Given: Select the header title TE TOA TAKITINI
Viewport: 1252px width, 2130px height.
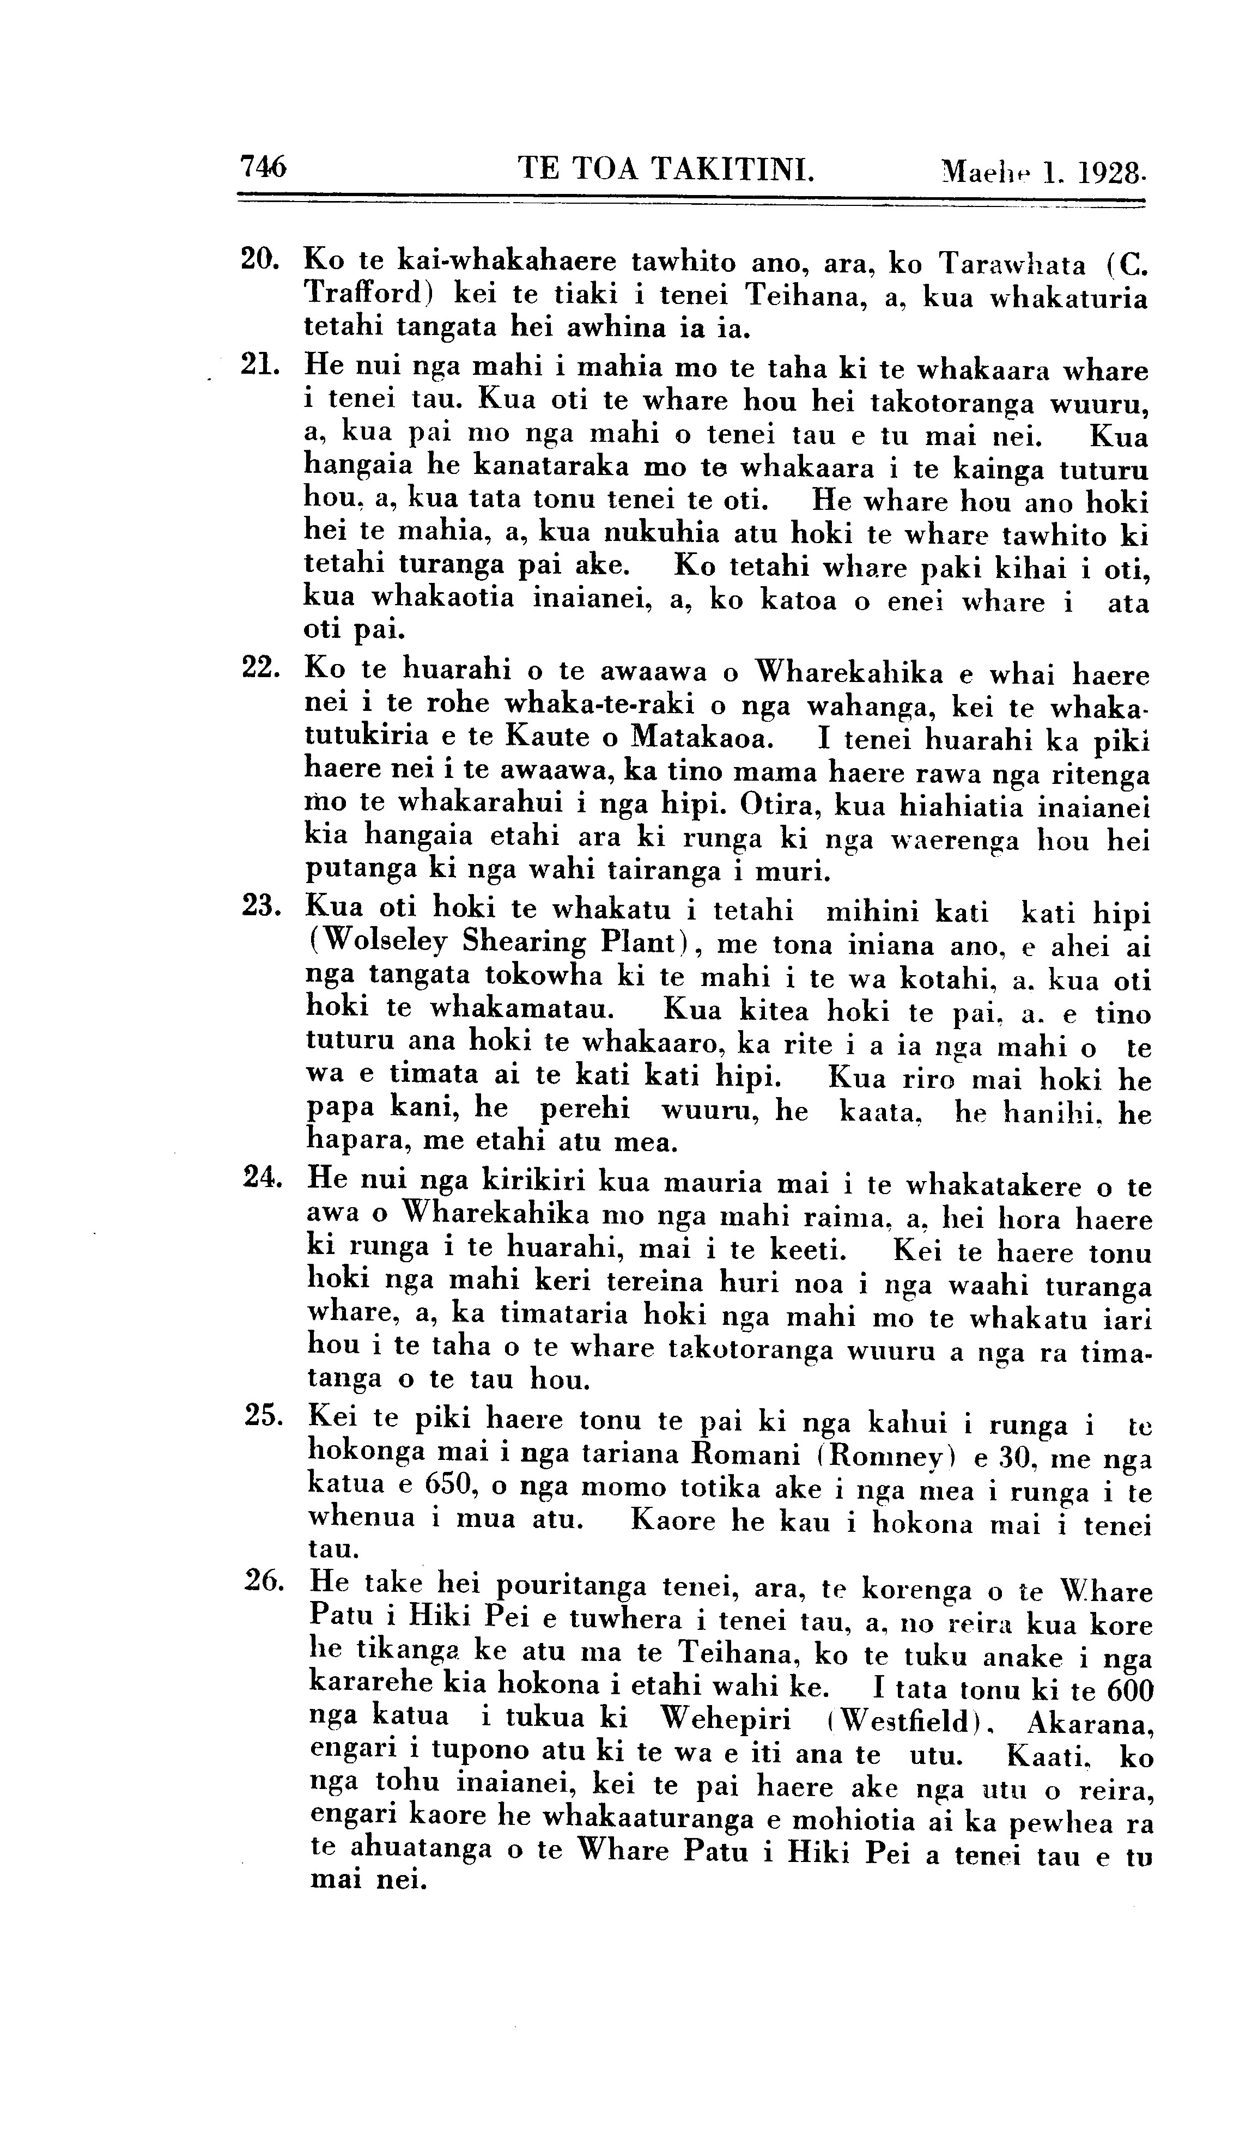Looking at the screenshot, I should tap(666, 168).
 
